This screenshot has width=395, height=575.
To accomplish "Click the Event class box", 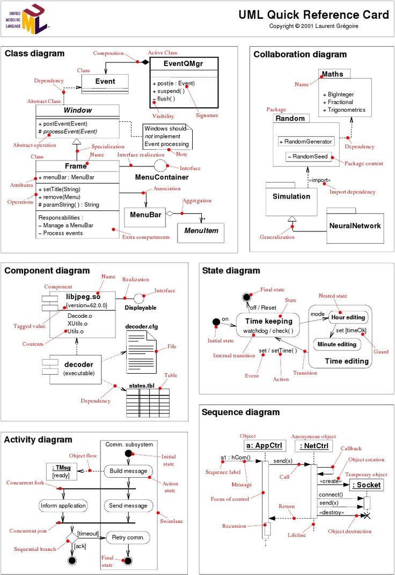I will click(105, 82).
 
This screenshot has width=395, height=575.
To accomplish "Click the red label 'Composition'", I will click(107, 53).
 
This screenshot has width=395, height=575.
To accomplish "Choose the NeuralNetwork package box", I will click(355, 226).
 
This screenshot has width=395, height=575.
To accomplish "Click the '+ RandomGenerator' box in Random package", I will click(306, 141).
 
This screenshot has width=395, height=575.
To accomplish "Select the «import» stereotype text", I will click(319, 180).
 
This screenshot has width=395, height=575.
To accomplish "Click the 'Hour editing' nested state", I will click(348, 317).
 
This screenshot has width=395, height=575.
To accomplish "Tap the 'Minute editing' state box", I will click(337, 344).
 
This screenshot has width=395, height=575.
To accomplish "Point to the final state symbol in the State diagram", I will click(247, 297).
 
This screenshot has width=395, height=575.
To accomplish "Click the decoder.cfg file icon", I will click(141, 351).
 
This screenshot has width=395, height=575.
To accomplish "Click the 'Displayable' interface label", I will click(141, 308).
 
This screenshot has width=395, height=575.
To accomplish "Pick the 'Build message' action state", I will click(128, 471).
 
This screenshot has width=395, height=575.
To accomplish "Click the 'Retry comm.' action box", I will click(128, 537).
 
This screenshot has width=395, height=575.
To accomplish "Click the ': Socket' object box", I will click(367, 485).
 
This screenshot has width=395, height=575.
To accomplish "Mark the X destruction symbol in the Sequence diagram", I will click(367, 515).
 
